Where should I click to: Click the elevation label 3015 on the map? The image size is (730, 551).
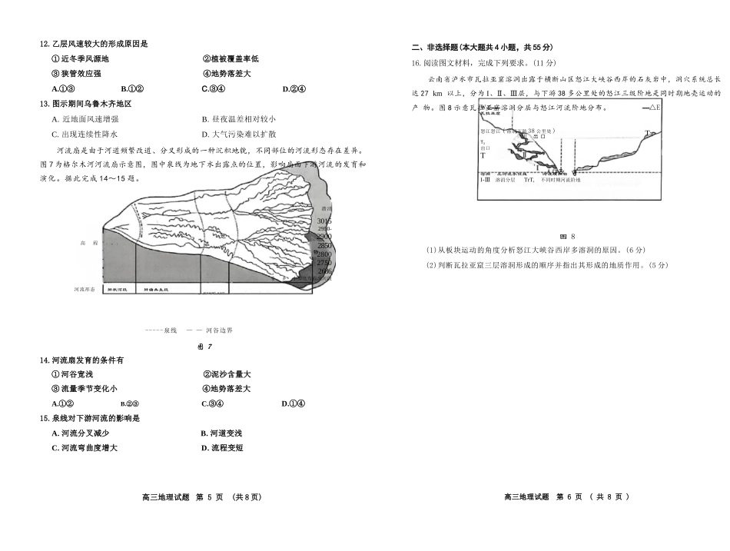coord(324,221)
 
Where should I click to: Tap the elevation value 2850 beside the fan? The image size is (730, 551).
coord(324,245)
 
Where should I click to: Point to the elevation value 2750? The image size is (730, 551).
coord(324,262)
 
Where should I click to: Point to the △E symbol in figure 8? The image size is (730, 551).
coord(654,107)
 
